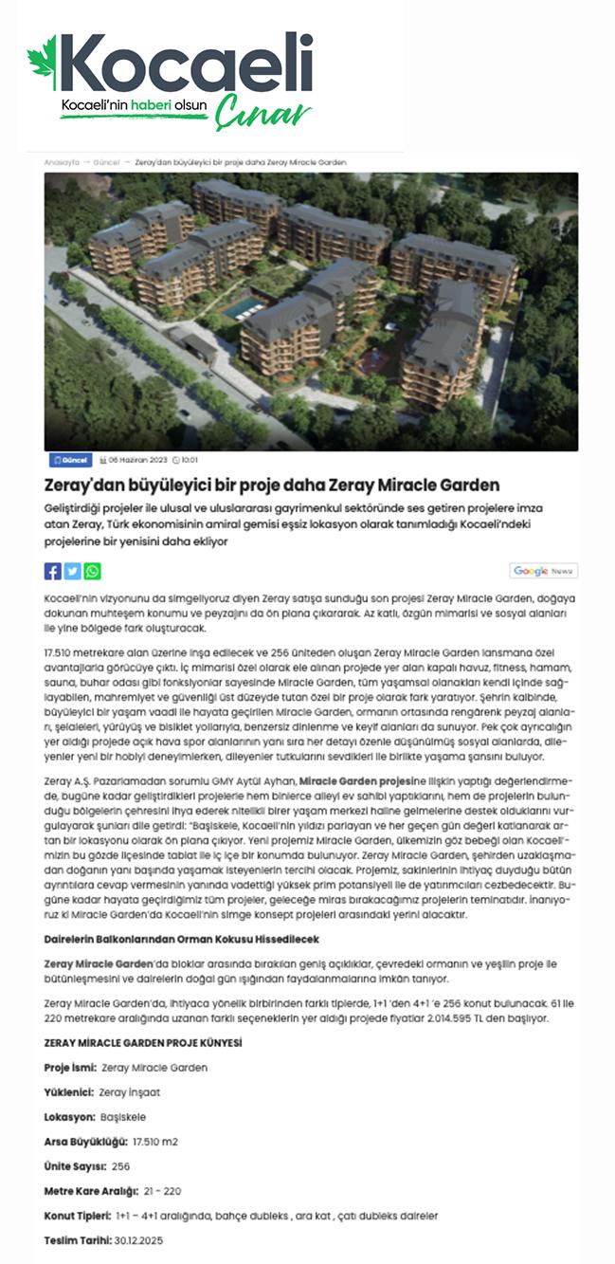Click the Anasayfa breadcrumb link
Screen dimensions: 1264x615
[61, 162]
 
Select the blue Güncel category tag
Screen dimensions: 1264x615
[70, 460]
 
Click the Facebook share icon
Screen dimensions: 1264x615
[53, 571]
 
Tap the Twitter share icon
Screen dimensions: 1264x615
[72, 571]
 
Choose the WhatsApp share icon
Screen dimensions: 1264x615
[92, 571]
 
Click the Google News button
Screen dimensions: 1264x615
[543, 571]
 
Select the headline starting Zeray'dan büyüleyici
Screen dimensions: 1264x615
[272, 485]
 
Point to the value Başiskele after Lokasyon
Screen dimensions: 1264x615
[122, 1116]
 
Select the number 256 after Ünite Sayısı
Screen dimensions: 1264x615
[120, 1165]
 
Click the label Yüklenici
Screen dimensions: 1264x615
[66, 1091]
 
